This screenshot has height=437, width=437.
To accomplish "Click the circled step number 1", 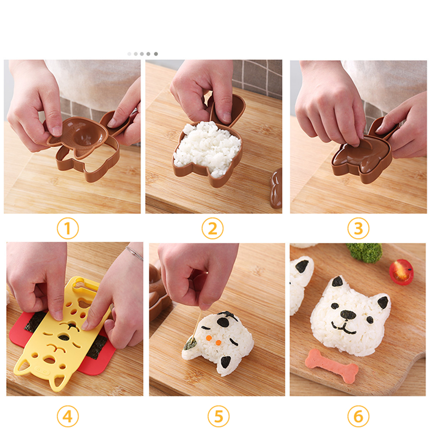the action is pos(68,228).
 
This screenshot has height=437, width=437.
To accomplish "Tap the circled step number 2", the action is pos(212,228).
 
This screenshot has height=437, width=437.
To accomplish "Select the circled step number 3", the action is pos(358,228).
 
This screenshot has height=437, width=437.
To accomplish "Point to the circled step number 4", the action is pos(68,417).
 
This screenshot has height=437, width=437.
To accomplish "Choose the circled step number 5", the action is pos(218,417).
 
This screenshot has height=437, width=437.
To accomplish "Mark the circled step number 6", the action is pos(358,417).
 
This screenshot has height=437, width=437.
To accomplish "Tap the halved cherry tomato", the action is pos(401,272).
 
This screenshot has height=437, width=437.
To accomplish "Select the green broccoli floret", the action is pos(365,253).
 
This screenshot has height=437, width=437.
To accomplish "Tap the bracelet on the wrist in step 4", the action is pos(135,253).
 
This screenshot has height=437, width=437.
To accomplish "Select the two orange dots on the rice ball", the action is pos(213,340).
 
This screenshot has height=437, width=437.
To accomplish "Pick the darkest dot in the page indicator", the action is pos(156,54).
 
